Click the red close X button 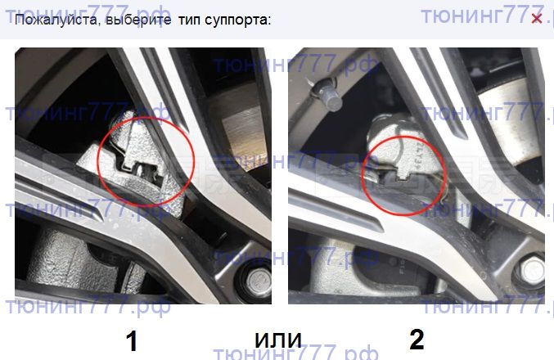click(x=536, y=18)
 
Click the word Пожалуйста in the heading click(x=56, y=20)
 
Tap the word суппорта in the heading click(x=236, y=20)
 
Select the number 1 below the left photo click(x=132, y=341)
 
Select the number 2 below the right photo click(x=417, y=340)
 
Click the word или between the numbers click(x=278, y=340)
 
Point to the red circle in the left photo click(x=146, y=119)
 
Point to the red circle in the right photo click(x=403, y=137)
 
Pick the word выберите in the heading click(x=138, y=20)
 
